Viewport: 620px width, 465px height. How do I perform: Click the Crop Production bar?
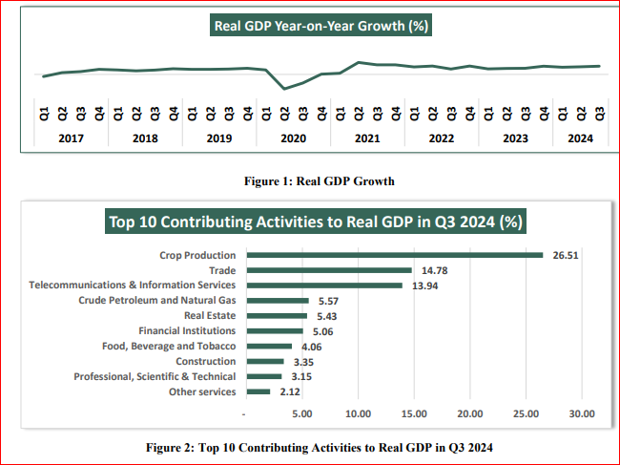click(394, 255)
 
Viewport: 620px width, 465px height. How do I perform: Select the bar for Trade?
click(329, 270)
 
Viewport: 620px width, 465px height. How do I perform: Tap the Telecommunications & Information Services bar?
click(324, 285)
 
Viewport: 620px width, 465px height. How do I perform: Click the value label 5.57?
click(330, 301)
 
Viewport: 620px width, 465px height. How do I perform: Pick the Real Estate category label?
click(211, 316)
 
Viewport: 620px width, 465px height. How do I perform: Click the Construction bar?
click(265, 362)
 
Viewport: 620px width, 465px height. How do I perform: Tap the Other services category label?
click(202, 392)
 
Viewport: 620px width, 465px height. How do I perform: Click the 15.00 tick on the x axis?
click(414, 414)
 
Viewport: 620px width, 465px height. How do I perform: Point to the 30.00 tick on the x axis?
click(582, 414)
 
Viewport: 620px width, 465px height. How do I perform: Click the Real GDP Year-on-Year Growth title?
click(320, 26)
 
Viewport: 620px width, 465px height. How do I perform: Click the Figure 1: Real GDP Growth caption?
click(320, 180)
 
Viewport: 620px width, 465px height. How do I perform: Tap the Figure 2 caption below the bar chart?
click(320, 447)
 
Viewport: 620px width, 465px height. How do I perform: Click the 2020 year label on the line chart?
click(294, 137)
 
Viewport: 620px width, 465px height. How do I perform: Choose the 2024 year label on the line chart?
click(581, 137)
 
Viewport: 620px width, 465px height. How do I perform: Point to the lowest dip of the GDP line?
click(284, 89)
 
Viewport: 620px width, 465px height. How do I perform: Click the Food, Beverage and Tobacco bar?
click(269, 347)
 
